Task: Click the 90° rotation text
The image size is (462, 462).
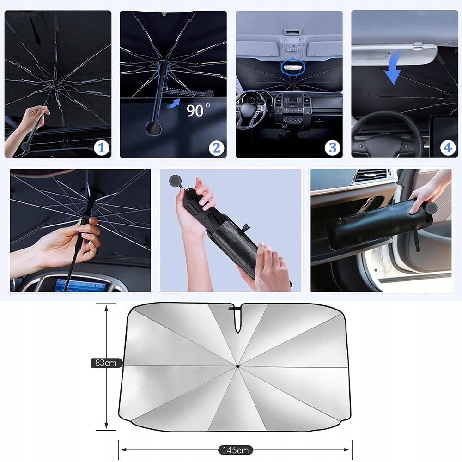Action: pos(198,110)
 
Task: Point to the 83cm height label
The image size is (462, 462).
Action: pos(106,363)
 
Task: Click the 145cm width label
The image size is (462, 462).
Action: pos(236,450)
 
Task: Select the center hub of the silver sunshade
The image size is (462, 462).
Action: pos(237,366)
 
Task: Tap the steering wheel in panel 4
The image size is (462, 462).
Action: pos(388,134)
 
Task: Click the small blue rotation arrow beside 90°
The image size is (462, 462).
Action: pos(173,103)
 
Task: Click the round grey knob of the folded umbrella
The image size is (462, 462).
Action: pos(175,181)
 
